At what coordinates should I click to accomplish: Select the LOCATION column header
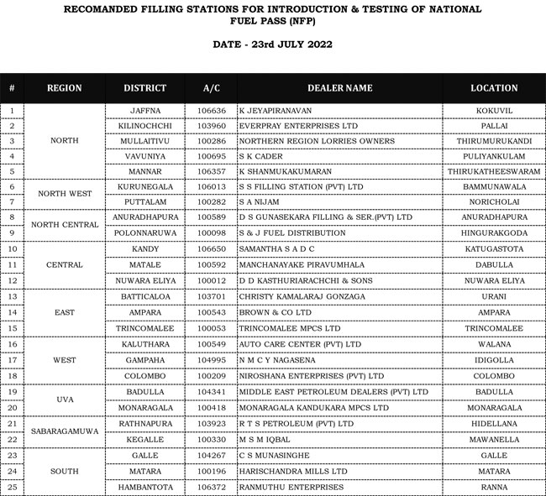494,88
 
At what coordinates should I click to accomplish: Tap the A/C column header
212,88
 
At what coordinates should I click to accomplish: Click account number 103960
212,126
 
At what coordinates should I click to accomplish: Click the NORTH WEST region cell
65,194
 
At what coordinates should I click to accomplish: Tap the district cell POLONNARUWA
145,232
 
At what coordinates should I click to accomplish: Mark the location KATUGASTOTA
494,249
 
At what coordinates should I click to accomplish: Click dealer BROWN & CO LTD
273,312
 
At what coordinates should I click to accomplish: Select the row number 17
12,359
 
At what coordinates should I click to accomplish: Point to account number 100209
212,376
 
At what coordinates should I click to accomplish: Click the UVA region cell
65,399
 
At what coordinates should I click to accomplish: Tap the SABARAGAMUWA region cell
65,431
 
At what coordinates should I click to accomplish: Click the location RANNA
494,487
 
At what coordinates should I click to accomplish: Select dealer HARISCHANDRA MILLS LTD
293,471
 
